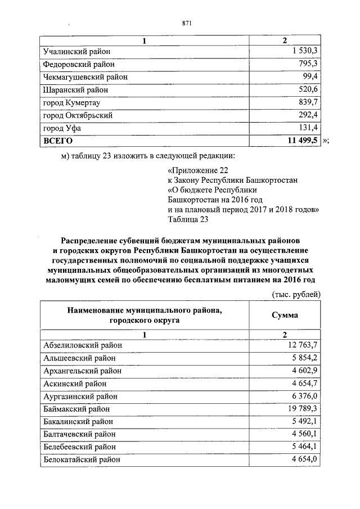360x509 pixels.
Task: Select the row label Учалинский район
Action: click(x=77, y=51)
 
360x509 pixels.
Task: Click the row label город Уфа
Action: click(x=61, y=128)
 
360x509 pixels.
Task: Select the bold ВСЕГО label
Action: click(x=58, y=141)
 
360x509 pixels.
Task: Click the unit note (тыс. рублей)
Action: click(x=296, y=294)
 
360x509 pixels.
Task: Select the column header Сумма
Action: click(x=285, y=315)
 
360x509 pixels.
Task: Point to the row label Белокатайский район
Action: click(x=82, y=460)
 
